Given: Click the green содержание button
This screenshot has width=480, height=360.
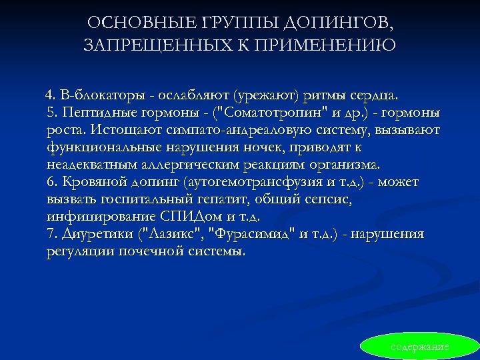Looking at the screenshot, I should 419,347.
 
